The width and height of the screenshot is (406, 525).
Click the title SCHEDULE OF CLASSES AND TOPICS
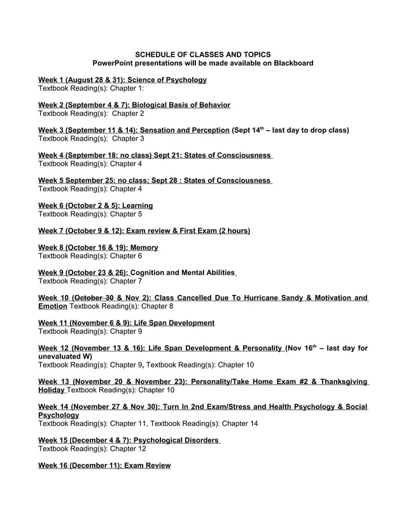tap(203, 55)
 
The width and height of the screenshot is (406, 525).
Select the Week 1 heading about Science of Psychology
tap(122, 80)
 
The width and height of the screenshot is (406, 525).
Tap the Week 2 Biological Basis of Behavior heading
tap(134, 105)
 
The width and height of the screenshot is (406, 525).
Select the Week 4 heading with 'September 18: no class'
tap(155, 155)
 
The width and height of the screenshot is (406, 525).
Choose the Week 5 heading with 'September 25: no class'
tap(155, 181)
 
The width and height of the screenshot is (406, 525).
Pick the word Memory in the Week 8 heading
tap(144, 247)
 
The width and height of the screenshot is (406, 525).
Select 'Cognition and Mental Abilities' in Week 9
tap(182, 272)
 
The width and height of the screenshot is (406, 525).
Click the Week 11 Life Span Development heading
tap(126, 323)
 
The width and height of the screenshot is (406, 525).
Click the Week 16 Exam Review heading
tap(104, 465)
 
